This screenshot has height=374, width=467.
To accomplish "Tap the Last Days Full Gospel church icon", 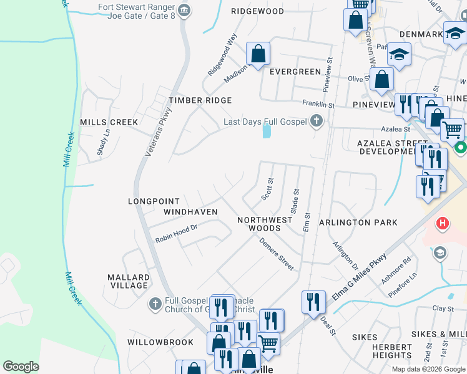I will [x=317, y=122].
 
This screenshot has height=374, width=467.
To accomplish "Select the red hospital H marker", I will [x=443, y=223].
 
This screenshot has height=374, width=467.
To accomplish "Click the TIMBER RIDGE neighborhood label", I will [x=200, y=100].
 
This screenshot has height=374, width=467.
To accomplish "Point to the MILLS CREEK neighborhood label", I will [x=109, y=122].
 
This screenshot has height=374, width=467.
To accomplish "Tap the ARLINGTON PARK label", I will [x=358, y=223].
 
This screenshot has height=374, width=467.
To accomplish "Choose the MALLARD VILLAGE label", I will [x=128, y=281].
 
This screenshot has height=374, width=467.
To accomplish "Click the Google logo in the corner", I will [x=21, y=367].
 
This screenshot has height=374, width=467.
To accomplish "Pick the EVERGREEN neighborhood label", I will [x=295, y=72].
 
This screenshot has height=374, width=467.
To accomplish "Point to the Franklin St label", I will [x=318, y=104].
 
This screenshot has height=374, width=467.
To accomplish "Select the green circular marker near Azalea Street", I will [x=461, y=148].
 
